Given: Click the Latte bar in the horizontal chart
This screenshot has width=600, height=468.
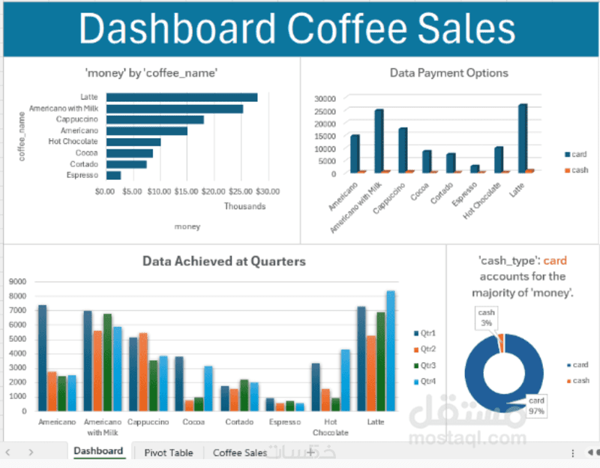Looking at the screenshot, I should (181, 97).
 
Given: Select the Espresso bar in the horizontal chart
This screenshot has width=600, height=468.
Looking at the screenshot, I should (113, 175).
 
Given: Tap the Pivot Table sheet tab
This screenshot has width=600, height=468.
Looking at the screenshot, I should (168, 452).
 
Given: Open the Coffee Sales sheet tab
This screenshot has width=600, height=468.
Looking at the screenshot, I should (240, 452).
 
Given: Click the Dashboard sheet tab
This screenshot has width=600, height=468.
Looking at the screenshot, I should (98, 451).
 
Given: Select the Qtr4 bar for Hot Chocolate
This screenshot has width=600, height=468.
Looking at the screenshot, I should (345, 379).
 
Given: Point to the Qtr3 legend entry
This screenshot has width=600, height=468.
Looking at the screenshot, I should (427, 365).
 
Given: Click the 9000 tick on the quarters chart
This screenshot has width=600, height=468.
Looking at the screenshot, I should (17, 282).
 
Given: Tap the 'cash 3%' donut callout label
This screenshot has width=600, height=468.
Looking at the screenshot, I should (487, 317).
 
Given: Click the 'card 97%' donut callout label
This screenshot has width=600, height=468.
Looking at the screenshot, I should (536, 405).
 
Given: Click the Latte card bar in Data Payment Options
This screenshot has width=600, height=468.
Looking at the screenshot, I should (523, 138).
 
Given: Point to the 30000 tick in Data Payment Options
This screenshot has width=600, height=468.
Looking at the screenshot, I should (324, 98).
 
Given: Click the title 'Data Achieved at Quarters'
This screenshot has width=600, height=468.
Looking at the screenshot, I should (224, 261).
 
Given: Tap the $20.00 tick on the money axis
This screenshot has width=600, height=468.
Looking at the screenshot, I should (214, 191).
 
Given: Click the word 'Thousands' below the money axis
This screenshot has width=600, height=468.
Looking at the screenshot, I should (244, 206).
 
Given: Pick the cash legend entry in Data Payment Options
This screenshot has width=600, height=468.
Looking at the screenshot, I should (577, 170).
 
